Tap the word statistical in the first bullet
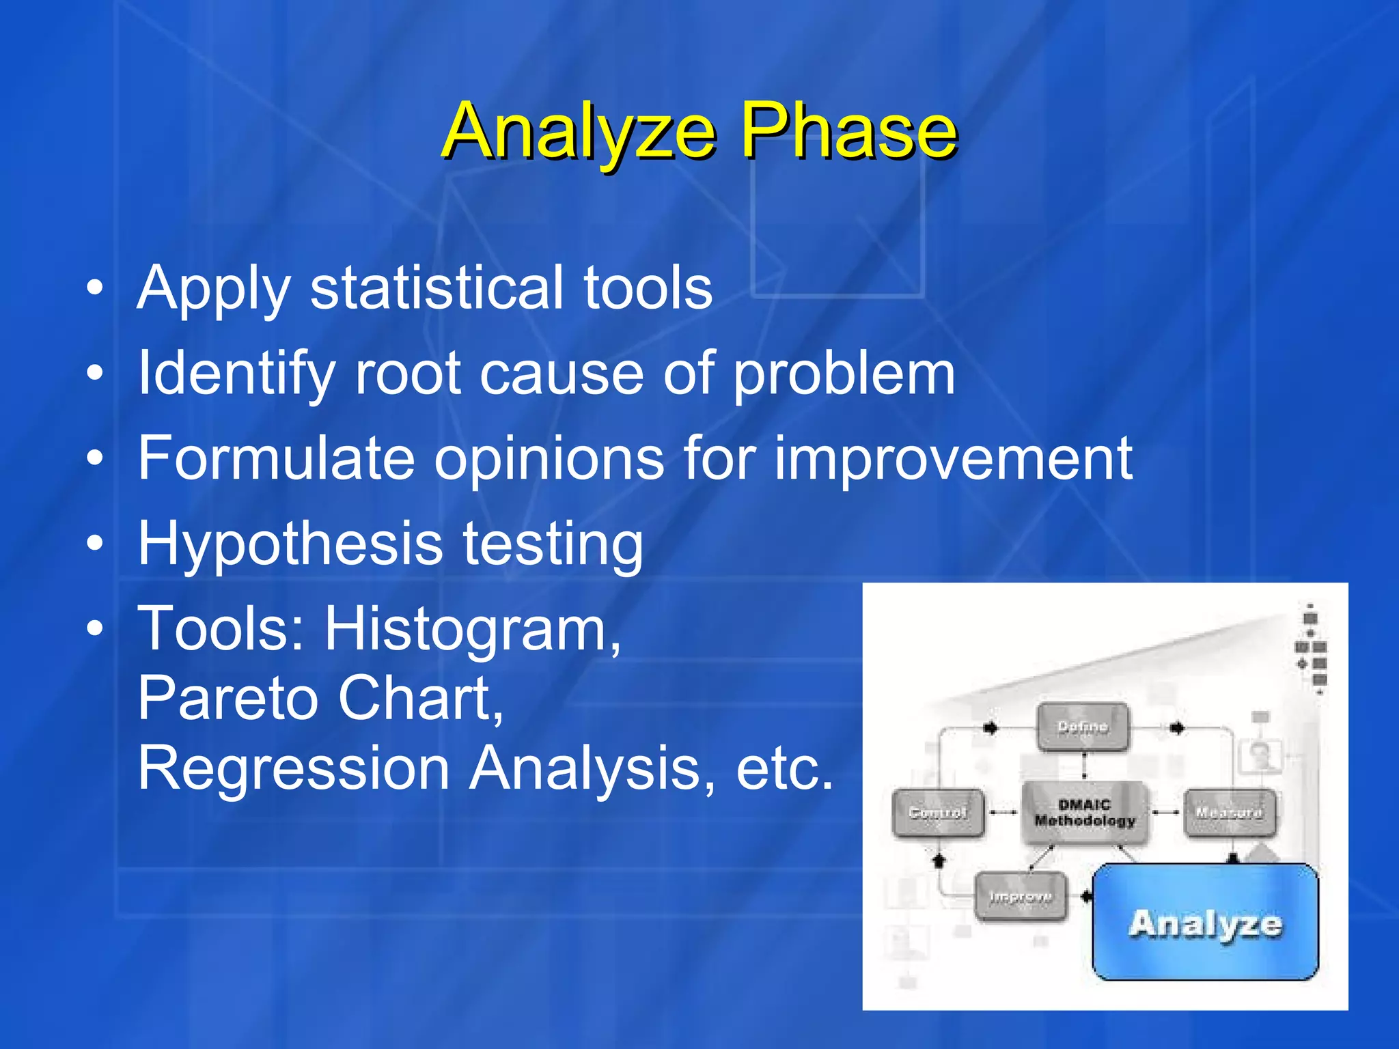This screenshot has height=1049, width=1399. point(437,288)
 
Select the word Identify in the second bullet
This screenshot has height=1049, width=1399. point(236,374)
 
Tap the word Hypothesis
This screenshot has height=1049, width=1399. point(291,544)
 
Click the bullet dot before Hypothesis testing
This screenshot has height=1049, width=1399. point(95,544)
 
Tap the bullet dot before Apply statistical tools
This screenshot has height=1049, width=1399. point(95,288)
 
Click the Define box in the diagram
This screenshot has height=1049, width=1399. point(1083,727)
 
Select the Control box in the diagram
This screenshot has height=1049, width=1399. point(938,813)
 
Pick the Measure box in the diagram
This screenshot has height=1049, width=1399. point(1228,813)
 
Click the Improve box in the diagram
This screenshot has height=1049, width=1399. point(1020,897)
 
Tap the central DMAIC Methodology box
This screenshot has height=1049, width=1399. point(1084,813)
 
